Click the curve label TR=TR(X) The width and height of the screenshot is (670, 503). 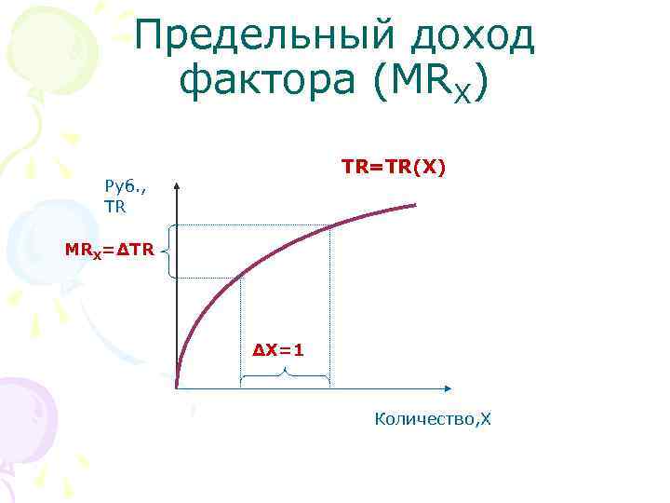click(x=394, y=167)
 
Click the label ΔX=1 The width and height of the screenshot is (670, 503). click(x=278, y=349)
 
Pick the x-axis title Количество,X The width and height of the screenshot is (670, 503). click(x=432, y=420)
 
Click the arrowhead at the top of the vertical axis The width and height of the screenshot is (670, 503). click(x=177, y=183)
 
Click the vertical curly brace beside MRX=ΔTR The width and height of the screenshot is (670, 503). click(x=166, y=251)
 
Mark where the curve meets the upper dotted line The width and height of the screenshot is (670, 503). click(x=329, y=225)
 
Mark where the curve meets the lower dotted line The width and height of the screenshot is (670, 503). click(x=241, y=275)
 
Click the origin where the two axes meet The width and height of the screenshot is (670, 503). click(x=177, y=387)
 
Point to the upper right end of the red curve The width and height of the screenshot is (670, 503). click(x=415, y=204)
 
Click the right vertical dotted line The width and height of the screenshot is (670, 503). click(x=329, y=307)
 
